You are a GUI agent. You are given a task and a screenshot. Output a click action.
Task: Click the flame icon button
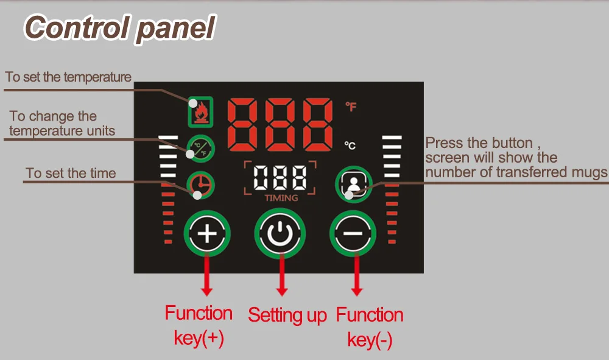(x=200, y=111)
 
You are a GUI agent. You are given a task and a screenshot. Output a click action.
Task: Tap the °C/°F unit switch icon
(x=199, y=147)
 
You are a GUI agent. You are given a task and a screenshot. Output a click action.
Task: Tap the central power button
(x=280, y=233)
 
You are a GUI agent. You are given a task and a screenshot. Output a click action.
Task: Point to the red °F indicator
(x=351, y=107)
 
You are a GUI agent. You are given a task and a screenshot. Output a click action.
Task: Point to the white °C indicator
(x=350, y=146)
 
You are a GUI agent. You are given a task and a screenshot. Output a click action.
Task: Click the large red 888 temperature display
(x=280, y=125)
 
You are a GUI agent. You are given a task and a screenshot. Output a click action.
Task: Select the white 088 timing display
(x=280, y=178)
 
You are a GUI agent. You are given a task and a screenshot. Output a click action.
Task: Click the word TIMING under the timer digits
(x=281, y=198)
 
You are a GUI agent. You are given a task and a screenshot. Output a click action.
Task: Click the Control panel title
(x=120, y=28)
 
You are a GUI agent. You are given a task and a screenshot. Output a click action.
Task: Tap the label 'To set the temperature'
(x=68, y=77)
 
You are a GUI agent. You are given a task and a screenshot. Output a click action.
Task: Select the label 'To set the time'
(x=71, y=174)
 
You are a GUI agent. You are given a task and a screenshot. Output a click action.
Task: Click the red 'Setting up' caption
(x=287, y=316)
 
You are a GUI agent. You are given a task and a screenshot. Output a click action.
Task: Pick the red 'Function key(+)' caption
(x=199, y=326)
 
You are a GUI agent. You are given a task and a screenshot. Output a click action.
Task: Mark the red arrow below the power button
(x=281, y=274)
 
